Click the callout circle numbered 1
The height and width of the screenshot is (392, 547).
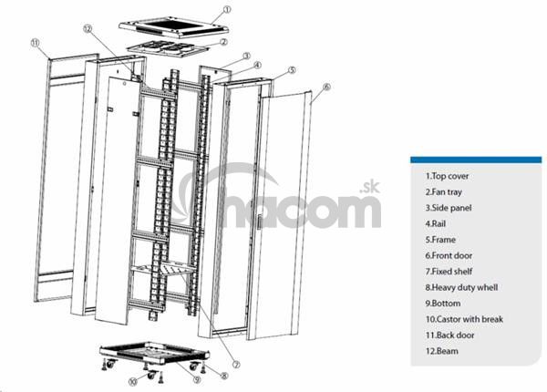click(227, 9)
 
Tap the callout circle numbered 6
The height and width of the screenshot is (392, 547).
click(326, 87)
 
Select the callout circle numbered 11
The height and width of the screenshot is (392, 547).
click(35, 43)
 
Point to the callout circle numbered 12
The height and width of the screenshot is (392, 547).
click(88, 29)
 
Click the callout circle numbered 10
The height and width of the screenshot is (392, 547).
click(133, 382)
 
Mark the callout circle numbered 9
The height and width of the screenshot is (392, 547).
click(198, 379)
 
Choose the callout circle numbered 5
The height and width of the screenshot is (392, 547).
click(292, 70)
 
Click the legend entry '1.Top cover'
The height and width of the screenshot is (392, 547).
click(447, 176)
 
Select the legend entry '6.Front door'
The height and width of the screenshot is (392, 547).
click(449, 255)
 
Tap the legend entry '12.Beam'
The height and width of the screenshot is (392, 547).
click(441, 351)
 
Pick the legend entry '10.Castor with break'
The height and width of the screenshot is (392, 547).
click(464, 319)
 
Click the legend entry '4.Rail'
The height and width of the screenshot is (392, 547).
click(436, 224)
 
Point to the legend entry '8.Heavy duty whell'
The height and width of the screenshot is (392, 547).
click(461, 287)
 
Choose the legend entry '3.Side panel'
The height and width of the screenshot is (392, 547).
click(449, 208)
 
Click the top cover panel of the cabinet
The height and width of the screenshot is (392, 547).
click(173, 27)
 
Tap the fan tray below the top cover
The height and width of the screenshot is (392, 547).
click(168, 48)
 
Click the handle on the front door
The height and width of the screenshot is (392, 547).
click(259, 222)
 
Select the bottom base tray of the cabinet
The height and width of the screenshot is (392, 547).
click(154, 353)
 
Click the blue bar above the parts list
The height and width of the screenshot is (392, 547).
click(476, 160)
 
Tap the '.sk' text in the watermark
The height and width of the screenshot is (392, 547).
click(369, 188)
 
